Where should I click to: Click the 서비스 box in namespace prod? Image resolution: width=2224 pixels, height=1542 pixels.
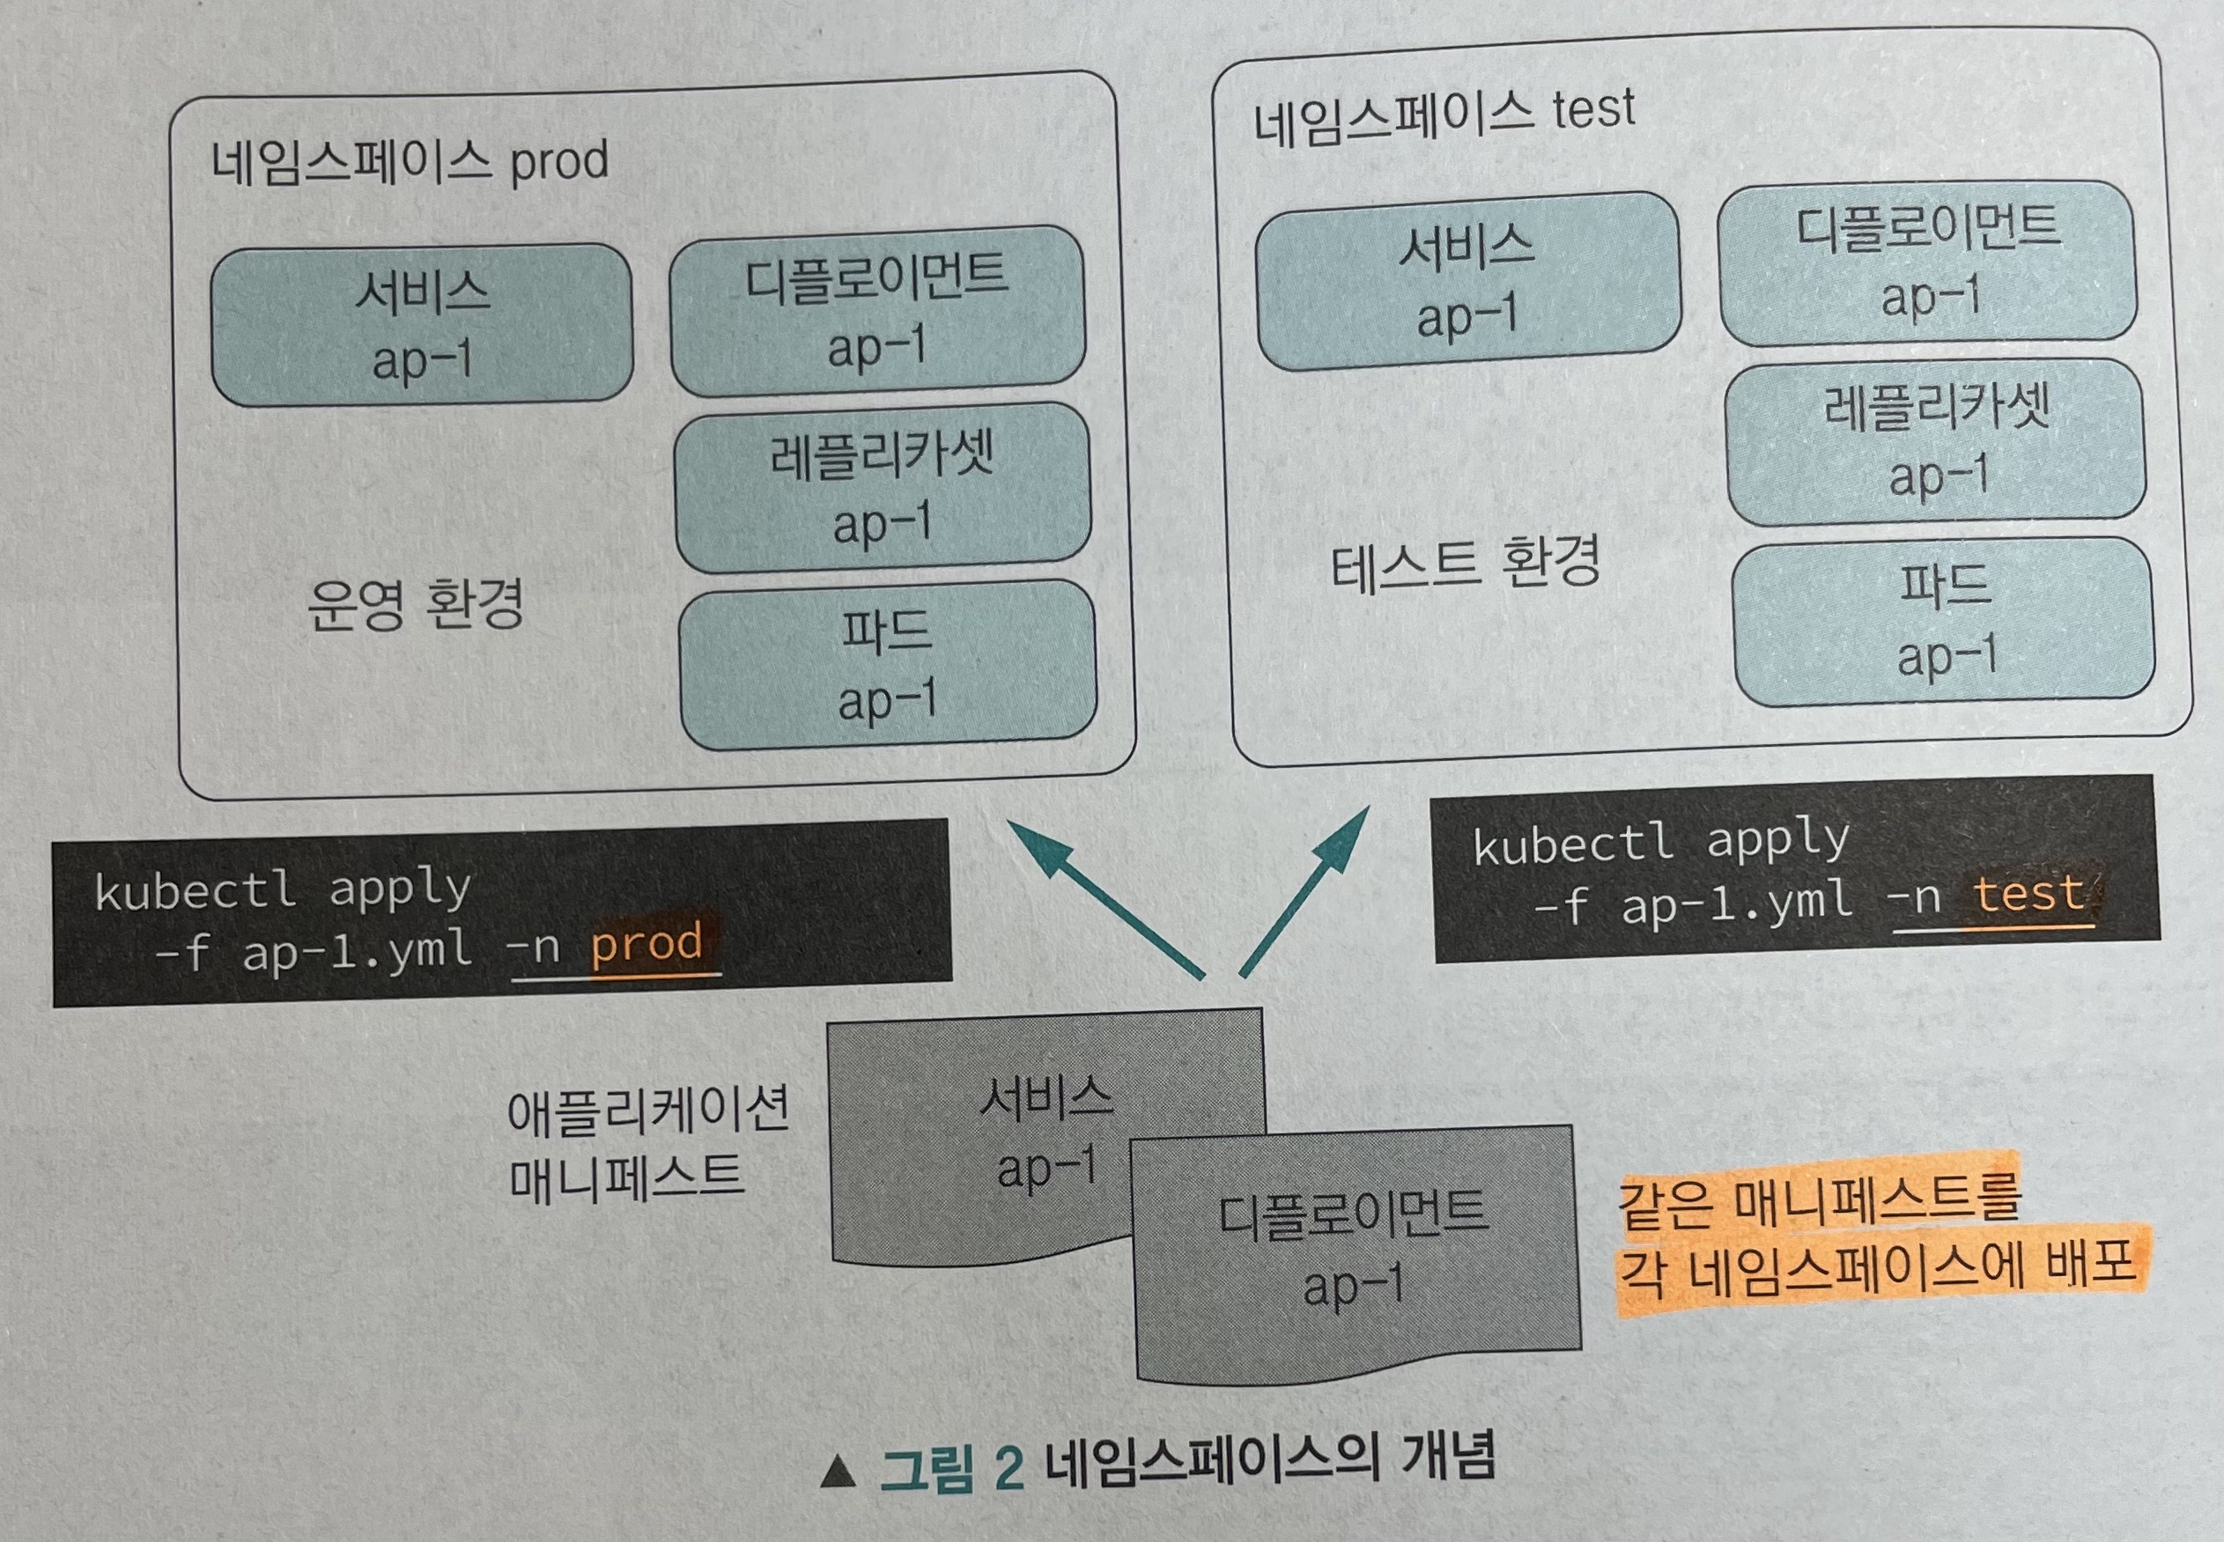421,325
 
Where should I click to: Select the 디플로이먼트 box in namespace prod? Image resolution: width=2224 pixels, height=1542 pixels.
877,311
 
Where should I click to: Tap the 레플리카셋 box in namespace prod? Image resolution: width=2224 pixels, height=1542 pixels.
882,489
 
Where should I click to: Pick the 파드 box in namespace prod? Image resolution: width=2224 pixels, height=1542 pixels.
888,665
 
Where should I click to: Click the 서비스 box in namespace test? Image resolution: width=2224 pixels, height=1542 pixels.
1467,280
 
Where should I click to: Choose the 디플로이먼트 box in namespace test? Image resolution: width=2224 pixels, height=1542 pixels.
1928,261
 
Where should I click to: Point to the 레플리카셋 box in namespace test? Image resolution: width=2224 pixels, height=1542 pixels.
1935,441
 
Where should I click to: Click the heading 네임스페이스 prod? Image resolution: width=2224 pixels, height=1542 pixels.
410,162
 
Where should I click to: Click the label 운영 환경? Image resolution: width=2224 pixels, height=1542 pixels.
416,605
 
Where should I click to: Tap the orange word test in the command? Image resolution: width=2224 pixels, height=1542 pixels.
2027,895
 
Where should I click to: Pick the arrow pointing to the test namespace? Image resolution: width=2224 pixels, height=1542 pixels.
1304,891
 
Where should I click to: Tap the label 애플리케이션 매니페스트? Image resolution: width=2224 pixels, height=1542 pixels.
647,1146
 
